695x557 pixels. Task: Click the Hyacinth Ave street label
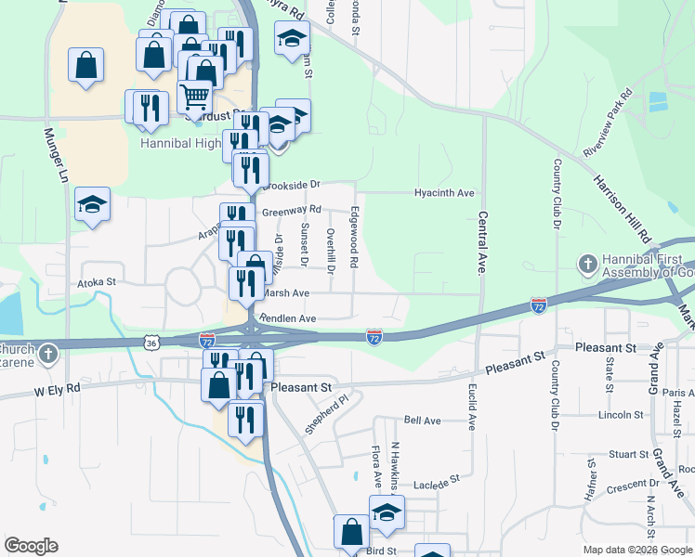(x=444, y=193)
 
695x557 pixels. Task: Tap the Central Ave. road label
(x=483, y=238)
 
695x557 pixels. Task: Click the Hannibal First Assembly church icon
(x=586, y=266)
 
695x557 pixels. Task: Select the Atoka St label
(x=97, y=280)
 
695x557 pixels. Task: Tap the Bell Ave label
(x=422, y=421)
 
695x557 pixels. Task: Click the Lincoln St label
(x=621, y=415)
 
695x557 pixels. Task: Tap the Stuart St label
(x=627, y=454)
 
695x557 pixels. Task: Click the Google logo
(x=31, y=546)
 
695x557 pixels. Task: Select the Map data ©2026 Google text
(x=637, y=551)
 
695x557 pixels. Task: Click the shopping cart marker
(x=194, y=96)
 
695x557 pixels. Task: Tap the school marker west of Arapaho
(x=92, y=204)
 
